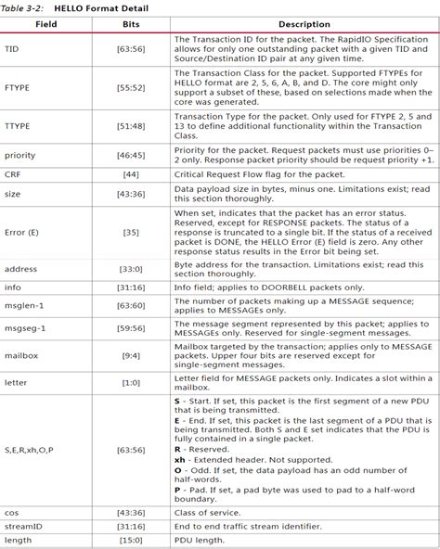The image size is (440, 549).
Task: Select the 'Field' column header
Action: [46, 24]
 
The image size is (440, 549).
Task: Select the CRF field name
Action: [13, 173]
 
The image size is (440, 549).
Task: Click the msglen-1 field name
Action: [23, 304]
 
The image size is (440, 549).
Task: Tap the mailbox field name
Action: [21, 356]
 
